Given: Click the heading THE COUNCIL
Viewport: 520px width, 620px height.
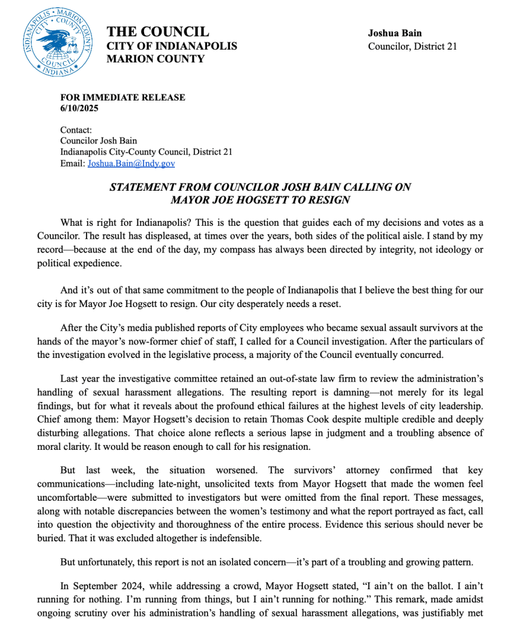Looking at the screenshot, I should pos(157,32).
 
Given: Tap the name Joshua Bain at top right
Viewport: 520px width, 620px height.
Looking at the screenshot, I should pos(395,33).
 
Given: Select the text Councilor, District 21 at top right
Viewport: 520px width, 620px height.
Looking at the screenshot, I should pos(412,46).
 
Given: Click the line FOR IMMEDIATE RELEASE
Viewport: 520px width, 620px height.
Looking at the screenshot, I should pos(122,97).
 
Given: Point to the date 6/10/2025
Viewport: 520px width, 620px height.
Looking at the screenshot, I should pos(79,108).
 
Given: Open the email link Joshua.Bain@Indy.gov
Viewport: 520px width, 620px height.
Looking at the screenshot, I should pos(131,163).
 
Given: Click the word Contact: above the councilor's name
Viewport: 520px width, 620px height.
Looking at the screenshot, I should pos(76,130).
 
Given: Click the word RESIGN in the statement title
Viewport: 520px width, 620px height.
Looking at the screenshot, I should pos(331,199).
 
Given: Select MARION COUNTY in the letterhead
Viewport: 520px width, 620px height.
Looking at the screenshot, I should pos(156,59).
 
